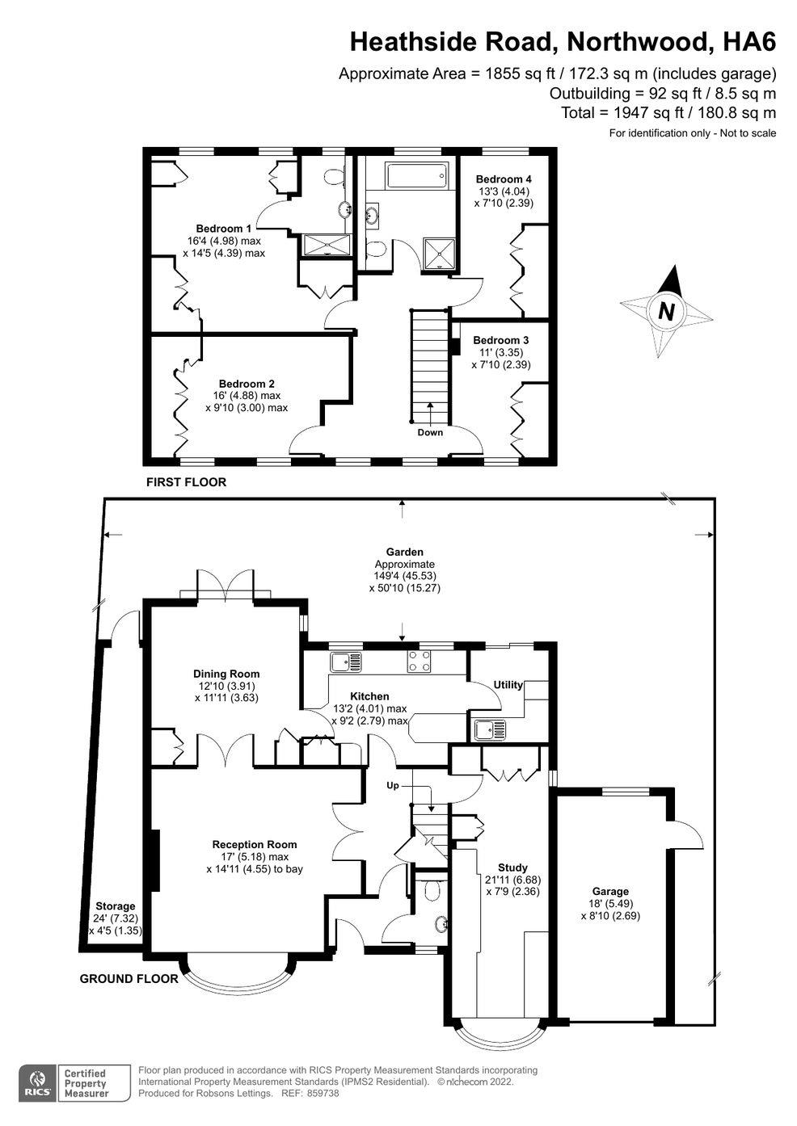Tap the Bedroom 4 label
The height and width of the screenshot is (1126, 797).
click(x=504, y=179)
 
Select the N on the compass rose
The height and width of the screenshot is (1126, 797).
click(x=667, y=312)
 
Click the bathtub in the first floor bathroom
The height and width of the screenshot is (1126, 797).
click(x=416, y=175)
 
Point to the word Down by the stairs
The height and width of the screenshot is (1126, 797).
click(x=430, y=432)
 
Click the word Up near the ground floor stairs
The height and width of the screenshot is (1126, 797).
click(x=393, y=785)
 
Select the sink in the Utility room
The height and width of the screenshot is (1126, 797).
click(x=489, y=730)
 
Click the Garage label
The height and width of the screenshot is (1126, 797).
click(x=610, y=891)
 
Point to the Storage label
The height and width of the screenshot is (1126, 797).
click(x=116, y=905)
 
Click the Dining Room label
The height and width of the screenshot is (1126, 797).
click(x=226, y=674)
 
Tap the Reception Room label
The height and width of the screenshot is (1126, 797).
click(x=255, y=845)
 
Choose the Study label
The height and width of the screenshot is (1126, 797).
click(x=512, y=868)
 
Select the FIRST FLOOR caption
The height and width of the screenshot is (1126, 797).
click(x=186, y=482)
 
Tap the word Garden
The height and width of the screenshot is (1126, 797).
click(x=404, y=552)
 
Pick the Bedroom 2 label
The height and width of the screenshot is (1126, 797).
click(x=247, y=384)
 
